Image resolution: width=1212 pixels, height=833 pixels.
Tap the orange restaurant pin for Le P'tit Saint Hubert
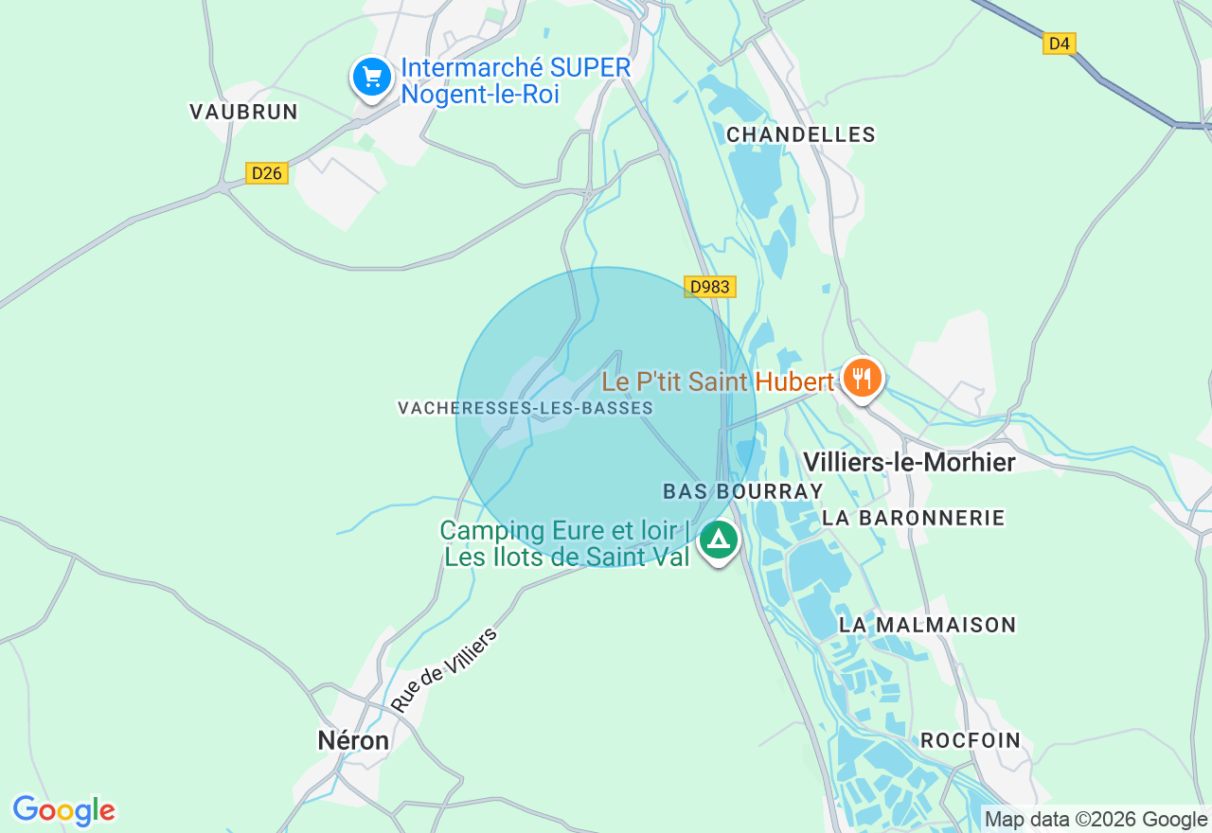862,378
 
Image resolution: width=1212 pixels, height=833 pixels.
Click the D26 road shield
267,173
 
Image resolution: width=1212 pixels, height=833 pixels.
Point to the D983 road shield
709,287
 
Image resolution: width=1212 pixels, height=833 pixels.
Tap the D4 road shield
1060,43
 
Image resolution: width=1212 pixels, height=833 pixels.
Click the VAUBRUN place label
243,112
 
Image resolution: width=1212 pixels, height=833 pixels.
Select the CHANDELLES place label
801,135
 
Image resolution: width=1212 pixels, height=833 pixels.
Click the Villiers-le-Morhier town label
909,462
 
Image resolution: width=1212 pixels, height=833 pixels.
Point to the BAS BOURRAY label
743,491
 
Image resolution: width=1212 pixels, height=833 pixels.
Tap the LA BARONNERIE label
914,518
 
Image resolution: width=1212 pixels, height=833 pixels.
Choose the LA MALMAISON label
927,625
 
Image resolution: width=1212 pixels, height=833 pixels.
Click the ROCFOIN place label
971,740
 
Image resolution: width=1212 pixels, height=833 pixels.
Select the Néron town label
353,740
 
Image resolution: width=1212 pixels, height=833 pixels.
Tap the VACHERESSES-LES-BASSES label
526,408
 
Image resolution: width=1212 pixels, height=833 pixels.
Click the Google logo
63,811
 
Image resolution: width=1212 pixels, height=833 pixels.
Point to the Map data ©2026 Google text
1096,820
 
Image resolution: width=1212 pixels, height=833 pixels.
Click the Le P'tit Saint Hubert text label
718,381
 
